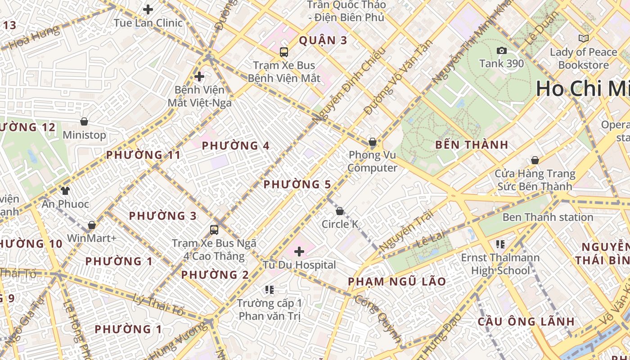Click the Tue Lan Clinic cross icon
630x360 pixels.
click(148, 9)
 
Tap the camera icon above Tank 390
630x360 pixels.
click(501, 50)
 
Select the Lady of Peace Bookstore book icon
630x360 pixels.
click(584, 39)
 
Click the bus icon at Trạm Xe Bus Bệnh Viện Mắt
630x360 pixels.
click(284, 52)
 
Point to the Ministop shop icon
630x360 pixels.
click(84, 121)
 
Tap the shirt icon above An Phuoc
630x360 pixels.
click(65, 190)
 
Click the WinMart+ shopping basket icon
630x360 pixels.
click(92, 225)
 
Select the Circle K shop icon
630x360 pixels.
click(340, 211)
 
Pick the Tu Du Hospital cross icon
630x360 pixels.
click(299, 251)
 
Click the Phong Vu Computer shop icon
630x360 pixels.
click(373, 142)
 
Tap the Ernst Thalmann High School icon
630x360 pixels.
click(500, 244)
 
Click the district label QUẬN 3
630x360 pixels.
click(323, 40)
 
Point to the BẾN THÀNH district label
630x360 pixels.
click(472, 145)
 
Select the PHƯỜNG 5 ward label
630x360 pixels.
click(297, 184)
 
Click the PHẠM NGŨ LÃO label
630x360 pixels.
click(397, 282)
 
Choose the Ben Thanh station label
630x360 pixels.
click(548, 217)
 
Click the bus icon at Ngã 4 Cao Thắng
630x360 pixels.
click(214, 230)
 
